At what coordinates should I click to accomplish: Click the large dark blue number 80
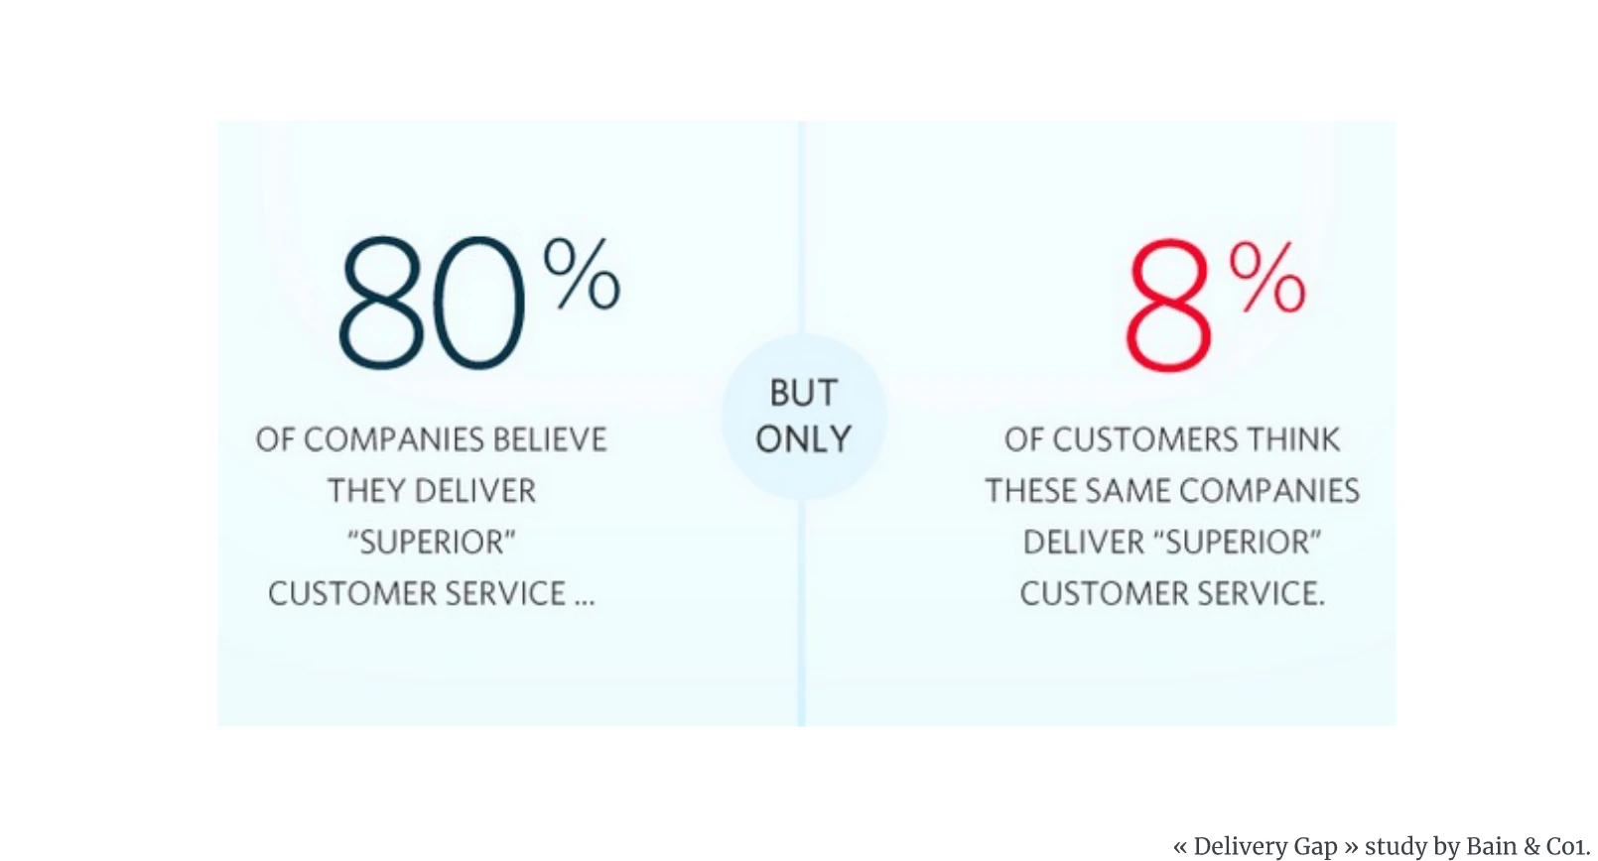(x=431, y=304)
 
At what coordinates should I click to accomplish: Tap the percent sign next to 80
(x=582, y=275)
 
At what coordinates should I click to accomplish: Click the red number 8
(x=1168, y=305)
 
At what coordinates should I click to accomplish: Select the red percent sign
(x=1267, y=278)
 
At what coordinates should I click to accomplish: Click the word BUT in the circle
(x=804, y=393)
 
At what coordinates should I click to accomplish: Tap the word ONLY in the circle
(x=804, y=439)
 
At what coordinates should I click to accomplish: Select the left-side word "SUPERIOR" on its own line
(x=432, y=543)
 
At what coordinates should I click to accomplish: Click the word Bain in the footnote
(x=1491, y=846)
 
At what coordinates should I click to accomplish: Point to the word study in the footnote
(x=1396, y=846)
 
